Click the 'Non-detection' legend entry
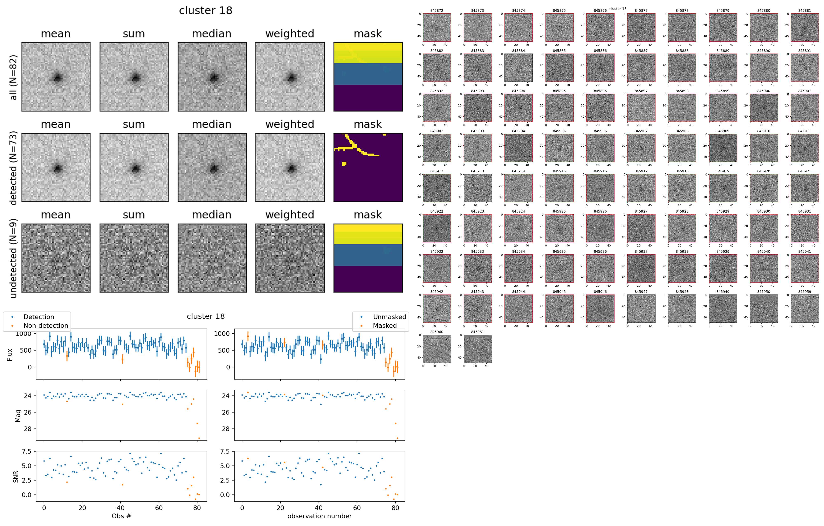[x=46, y=326]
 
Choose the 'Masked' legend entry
[x=385, y=326]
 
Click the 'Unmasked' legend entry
[x=389, y=317]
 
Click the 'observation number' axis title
[x=319, y=516]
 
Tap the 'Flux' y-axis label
[x=10, y=355]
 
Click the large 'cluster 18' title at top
[x=206, y=11]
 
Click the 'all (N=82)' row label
[x=13, y=77]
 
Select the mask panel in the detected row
[x=368, y=167]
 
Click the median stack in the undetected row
[x=212, y=258]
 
